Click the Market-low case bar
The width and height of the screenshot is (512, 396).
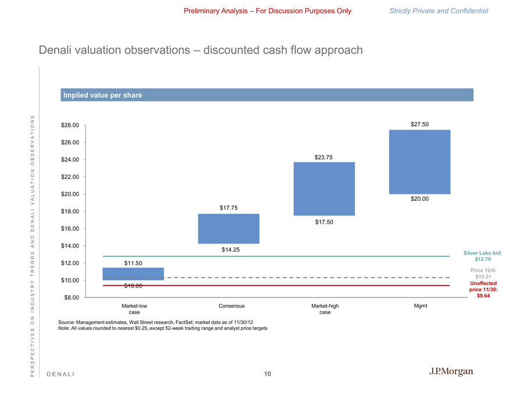(x=133, y=274)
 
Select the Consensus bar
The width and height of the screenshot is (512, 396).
(x=229, y=228)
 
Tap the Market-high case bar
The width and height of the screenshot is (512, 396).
(x=324, y=189)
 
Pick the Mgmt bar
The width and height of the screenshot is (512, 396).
(x=419, y=162)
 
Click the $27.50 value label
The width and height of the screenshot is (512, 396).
(x=419, y=123)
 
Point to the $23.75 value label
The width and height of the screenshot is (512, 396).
(x=324, y=157)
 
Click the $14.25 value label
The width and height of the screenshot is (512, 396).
(x=231, y=250)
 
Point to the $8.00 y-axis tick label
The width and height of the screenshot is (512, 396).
(x=72, y=298)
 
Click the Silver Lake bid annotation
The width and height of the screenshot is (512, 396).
(x=482, y=256)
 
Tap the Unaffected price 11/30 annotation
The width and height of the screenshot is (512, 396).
(x=482, y=289)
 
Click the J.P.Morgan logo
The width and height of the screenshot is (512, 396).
(x=451, y=372)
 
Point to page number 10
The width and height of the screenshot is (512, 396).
(x=267, y=373)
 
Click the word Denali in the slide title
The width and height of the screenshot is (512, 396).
(x=57, y=51)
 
